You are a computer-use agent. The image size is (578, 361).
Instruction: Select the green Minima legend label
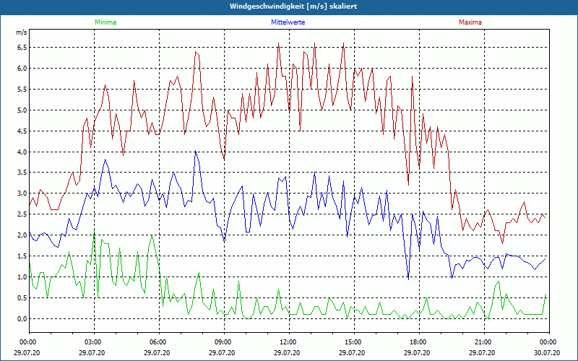point(105,22)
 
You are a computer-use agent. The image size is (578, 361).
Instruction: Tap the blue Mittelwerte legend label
point(287,22)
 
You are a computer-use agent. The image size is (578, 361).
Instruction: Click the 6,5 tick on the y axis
point(22,48)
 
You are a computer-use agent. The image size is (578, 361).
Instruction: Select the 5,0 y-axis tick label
point(22,110)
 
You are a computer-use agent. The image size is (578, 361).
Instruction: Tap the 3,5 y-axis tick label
point(22,173)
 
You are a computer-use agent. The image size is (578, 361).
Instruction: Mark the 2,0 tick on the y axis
point(22,235)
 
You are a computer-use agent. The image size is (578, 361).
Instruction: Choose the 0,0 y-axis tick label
point(22,319)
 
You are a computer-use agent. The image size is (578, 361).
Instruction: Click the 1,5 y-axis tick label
point(22,256)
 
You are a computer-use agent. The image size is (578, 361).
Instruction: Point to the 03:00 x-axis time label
point(93,342)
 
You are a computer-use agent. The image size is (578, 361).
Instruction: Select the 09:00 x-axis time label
point(223,342)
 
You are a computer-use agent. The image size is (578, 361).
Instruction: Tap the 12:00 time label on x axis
point(288,342)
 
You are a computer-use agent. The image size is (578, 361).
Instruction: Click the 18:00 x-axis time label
point(418,342)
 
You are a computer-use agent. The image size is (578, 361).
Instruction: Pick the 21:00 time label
point(483,342)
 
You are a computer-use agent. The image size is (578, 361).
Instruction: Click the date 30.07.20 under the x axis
point(548,352)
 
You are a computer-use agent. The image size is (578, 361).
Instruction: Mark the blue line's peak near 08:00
point(196,151)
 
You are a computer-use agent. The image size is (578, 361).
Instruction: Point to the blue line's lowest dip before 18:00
point(408,279)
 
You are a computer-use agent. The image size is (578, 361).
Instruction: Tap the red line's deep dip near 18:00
point(408,185)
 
